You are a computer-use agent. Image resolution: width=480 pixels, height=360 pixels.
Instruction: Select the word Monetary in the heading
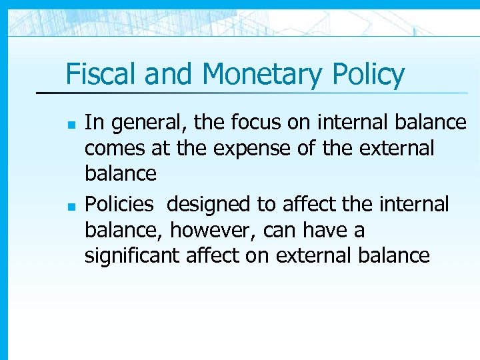coord(261,74)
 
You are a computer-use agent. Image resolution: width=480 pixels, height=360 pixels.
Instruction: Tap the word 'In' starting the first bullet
coord(93,123)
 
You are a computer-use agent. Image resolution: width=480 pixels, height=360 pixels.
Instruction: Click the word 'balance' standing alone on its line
coord(121,174)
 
